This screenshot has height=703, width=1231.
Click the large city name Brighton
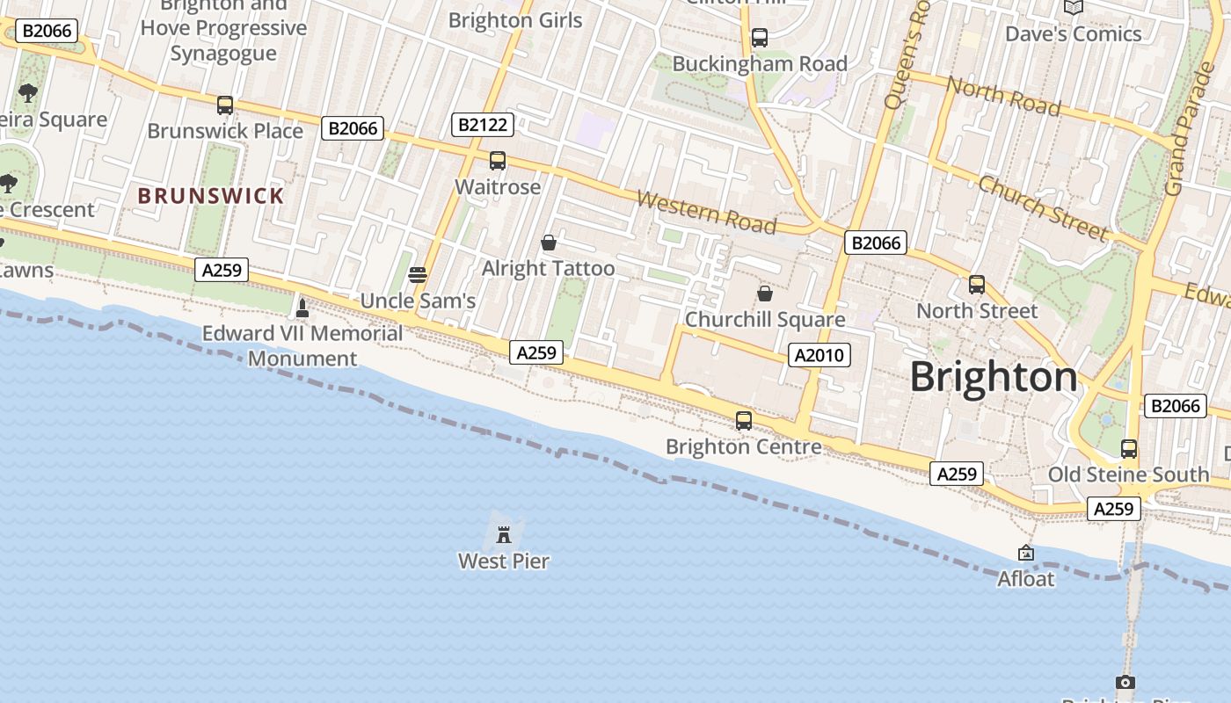pyautogui.click(x=993, y=377)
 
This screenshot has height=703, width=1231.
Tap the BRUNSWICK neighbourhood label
pyautogui.click(x=211, y=196)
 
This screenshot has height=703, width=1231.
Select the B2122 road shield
pyautogui.click(x=483, y=125)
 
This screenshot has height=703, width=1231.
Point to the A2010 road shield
pyautogui.click(x=819, y=355)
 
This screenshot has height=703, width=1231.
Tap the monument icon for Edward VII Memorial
pyautogui.click(x=302, y=308)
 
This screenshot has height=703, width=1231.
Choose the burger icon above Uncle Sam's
pyautogui.click(x=418, y=274)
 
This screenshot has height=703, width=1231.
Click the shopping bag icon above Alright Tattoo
pyautogui.click(x=549, y=242)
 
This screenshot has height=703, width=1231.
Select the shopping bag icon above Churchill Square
pyautogui.click(x=765, y=293)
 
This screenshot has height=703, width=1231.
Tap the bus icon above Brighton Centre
pyautogui.click(x=744, y=420)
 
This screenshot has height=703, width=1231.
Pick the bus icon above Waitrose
pyautogui.click(x=498, y=161)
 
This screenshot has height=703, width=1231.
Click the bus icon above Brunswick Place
pyautogui.click(x=225, y=105)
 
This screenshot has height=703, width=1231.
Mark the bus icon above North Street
pyautogui.click(x=977, y=284)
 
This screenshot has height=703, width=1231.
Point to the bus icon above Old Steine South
pyautogui.click(x=1129, y=448)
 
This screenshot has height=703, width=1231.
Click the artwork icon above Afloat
pyautogui.click(x=1025, y=553)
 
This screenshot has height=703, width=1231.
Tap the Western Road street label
pyautogui.click(x=706, y=213)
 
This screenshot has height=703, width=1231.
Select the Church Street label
pyautogui.click(x=1043, y=207)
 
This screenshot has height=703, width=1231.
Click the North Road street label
pyautogui.click(x=1003, y=96)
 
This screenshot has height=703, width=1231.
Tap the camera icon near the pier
pyautogui.click(x=1125, y=682)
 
